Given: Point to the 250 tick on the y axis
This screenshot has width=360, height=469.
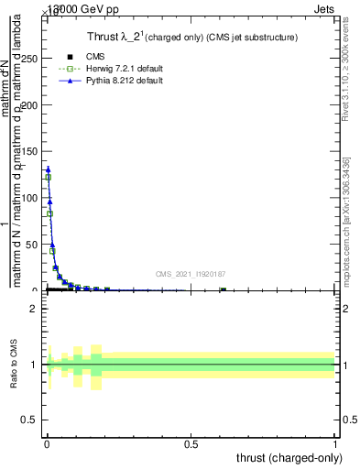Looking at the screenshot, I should (x=29, y=58).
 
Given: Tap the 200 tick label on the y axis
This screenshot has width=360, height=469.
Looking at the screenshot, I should (x=29, y=104).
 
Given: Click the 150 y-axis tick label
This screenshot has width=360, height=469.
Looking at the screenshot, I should (x=29, y=151).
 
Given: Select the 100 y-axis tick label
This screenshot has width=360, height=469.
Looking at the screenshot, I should (x=29, y=198).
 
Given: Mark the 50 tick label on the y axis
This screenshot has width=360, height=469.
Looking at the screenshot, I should (x=32, y=245).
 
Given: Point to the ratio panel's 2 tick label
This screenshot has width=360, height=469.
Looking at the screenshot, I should (x=34, y=309).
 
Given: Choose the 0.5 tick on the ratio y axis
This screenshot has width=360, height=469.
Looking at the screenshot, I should (x=30, y=421).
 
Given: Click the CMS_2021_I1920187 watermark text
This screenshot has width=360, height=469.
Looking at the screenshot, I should (x=190, y=274).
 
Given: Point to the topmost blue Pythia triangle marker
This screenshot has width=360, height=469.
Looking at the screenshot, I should (x=48, y=169).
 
